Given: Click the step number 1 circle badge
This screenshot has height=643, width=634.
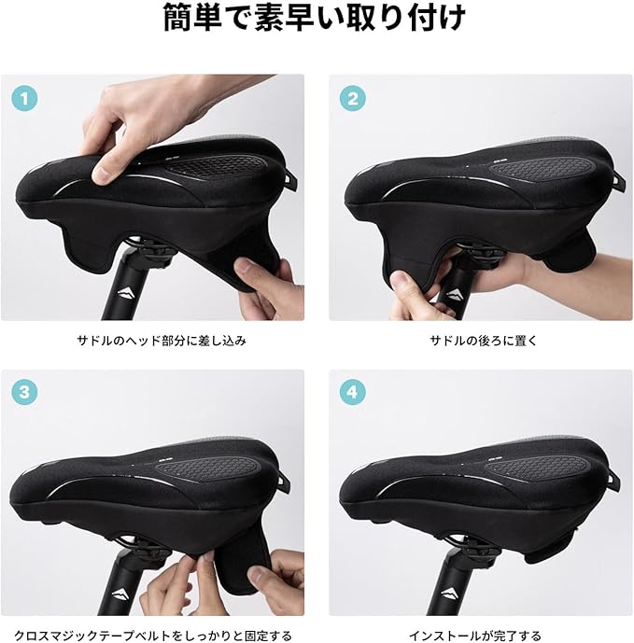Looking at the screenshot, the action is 24,99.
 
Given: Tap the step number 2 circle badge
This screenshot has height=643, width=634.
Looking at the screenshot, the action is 353,99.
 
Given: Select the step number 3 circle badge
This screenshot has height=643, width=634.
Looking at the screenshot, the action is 24,392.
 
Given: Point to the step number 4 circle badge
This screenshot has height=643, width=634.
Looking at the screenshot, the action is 353,392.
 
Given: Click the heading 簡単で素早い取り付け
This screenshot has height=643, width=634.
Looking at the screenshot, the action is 315,18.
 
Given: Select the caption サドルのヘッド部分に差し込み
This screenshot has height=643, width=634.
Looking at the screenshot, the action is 162,341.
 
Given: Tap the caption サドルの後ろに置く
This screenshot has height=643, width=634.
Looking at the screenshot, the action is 484,341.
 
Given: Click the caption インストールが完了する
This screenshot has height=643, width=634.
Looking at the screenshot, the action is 474,636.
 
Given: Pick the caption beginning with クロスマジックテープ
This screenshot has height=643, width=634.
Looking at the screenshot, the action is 153,636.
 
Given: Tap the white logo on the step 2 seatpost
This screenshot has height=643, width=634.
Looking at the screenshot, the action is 453,294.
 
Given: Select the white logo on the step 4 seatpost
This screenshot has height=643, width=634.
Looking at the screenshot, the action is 452,594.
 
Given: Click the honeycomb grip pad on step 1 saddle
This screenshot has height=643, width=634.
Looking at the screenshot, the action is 218,166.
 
